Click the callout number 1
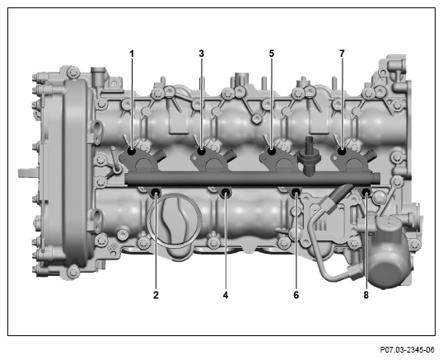(132, 54)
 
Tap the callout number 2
(156, 295)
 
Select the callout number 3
(201, 54)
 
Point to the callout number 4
(226, 295)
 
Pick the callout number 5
(272, 54)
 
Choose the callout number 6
(296, 295)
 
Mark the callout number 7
(342, 54)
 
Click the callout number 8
(366, 295)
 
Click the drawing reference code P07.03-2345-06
(407, 350)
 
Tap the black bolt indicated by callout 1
(132, 152)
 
